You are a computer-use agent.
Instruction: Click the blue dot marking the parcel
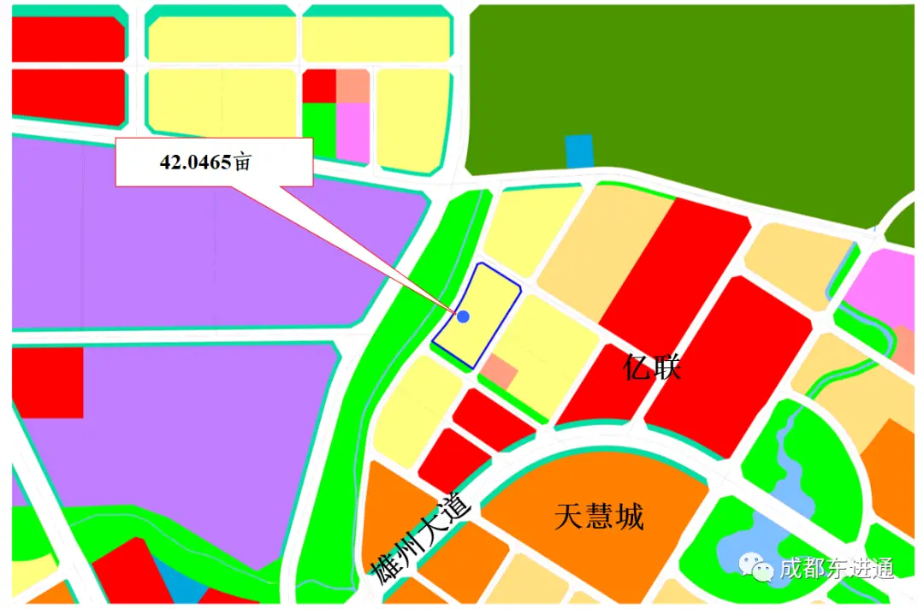[x=463, y=316]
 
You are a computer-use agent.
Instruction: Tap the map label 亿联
[x=652, y=369]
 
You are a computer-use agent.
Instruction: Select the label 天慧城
[x=599, y=516]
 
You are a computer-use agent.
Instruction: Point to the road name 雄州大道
[x=421, y=537]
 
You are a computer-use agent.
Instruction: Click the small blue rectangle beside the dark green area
[x=578, y=151]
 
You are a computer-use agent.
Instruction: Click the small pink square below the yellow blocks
[x=352, y=131]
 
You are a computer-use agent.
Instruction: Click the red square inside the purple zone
[x=47, y=382]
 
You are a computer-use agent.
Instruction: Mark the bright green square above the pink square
[x=319, y=128]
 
